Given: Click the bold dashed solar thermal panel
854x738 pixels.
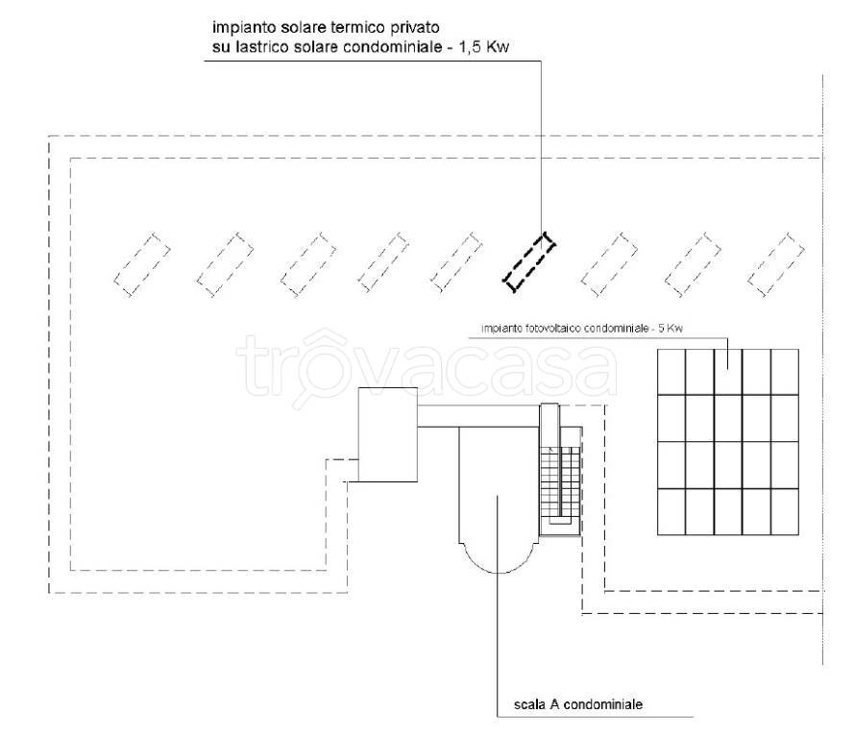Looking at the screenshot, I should point(529,261).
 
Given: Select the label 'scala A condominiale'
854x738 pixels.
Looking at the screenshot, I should point(571,704).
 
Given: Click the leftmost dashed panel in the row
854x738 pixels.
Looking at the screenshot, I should point(142,261).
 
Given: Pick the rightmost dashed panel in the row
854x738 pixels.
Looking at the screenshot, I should point(776,261).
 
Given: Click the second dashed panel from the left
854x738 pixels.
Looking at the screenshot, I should point(225,261).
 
